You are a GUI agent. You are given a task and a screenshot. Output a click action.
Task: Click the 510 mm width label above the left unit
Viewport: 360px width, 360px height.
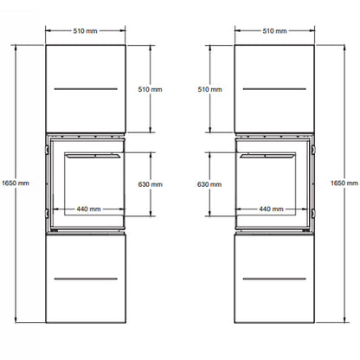click(85, 31)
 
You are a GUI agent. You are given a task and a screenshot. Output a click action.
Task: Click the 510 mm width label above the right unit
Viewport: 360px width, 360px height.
click(274, 31)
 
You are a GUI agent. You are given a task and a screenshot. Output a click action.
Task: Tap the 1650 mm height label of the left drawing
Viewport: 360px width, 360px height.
click(16, 183)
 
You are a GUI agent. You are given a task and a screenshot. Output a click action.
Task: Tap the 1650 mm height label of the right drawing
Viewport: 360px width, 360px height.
click(344, 183)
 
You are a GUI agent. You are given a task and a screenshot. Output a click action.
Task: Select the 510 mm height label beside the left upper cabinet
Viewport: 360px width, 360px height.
click(150, 89)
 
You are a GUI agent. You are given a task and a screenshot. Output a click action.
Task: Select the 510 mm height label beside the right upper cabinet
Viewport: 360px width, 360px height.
click(209, 89)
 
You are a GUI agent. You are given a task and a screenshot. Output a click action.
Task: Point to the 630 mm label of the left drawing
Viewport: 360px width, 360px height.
click(150, 184)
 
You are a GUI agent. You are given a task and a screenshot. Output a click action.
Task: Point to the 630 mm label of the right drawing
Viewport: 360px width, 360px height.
click(209, 184)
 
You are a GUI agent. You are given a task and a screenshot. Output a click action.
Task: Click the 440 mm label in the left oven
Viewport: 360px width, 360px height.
click(88, 209)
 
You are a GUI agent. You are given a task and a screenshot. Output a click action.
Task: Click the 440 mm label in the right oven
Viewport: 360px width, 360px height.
click(271, 209)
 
